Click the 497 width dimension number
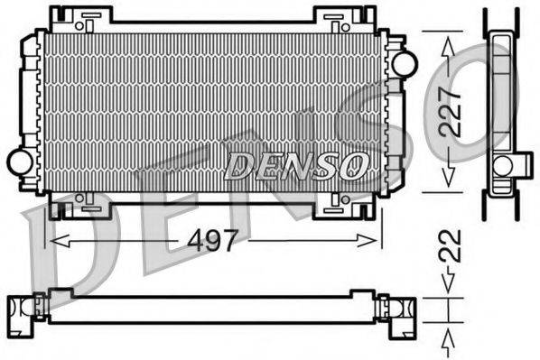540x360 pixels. [x=215, y=241]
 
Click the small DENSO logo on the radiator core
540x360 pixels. [x=297, y=164]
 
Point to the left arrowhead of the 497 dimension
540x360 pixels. [x=52, y=241]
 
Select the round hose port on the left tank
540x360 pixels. [x=20, y=162]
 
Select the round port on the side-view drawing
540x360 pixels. [x=502, y=164]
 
